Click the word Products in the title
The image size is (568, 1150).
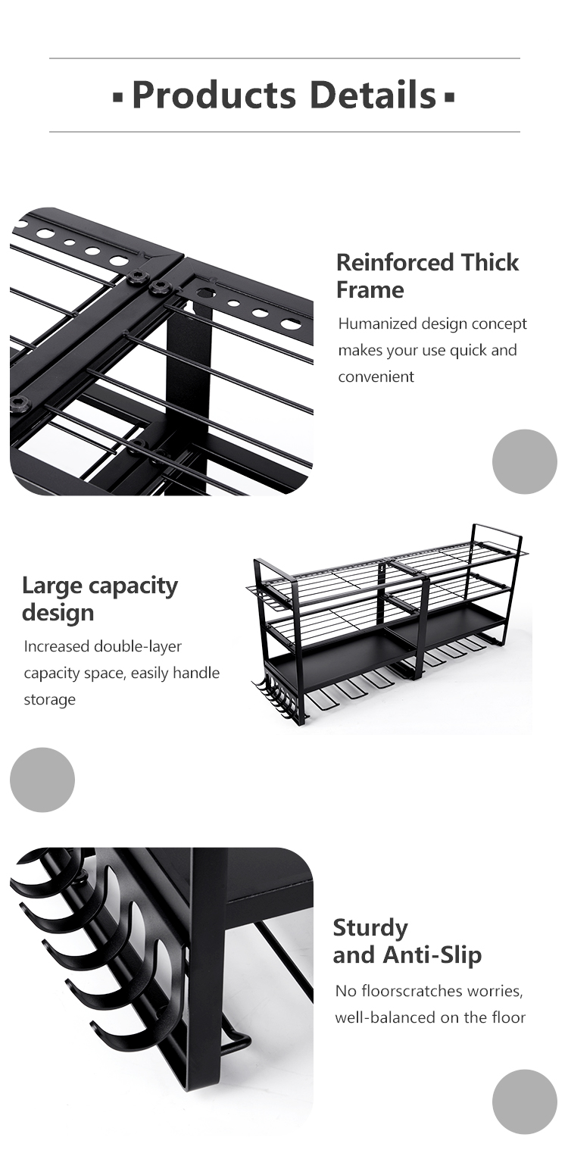[x=214, y=95]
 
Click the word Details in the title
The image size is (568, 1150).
[x=373, y=95]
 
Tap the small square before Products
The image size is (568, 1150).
[x=119, y=96]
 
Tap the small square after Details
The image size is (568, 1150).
[x=449, y=96]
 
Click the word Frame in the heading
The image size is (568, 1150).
[x=370, y=290]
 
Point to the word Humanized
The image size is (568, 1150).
[x=377, y=324]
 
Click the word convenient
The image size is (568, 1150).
[x=376, y=377]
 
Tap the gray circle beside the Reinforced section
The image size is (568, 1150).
[x=524, y=461]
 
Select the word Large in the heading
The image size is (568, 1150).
[x=51, y=586]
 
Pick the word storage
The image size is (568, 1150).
[x=50, y=700]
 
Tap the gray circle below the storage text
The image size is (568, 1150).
[x=42, y=780]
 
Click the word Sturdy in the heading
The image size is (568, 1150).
[x=370, y=928]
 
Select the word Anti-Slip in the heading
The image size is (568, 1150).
[x=432, y=955]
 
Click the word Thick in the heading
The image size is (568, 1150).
[x=489, y=262]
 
